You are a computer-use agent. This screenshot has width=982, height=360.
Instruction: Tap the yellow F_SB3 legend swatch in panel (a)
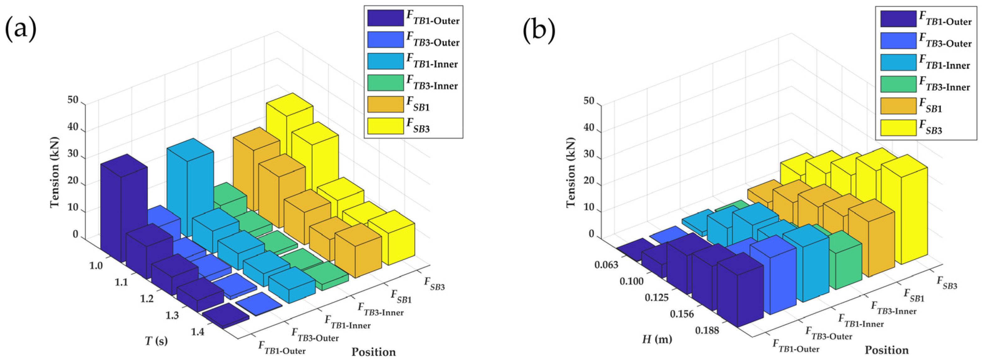coord(385,126)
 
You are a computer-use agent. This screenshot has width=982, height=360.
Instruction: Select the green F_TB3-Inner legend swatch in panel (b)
coord(898,84)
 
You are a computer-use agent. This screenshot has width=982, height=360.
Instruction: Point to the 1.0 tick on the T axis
coord(96,265)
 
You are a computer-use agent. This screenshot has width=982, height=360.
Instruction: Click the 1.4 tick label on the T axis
coord(198,332)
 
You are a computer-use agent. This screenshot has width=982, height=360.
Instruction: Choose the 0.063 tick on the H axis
coord(606,264)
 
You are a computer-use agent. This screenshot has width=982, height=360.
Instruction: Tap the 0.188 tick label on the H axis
coord(707,330)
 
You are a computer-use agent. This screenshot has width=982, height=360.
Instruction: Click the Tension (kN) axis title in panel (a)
coord(55,172)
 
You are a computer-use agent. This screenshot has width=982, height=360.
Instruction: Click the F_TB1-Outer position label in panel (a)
coord(282,347)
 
